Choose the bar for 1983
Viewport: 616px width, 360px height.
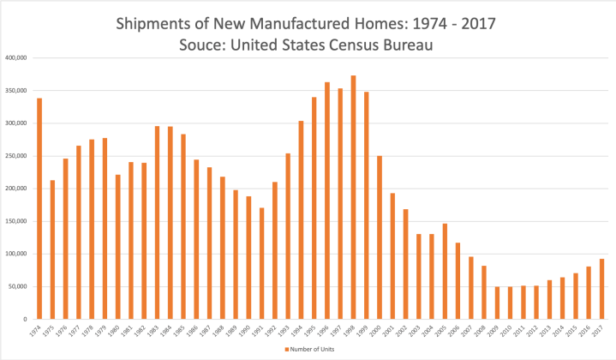(x=157, y=222)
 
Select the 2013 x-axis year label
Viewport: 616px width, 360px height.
(x=549, y=330)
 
